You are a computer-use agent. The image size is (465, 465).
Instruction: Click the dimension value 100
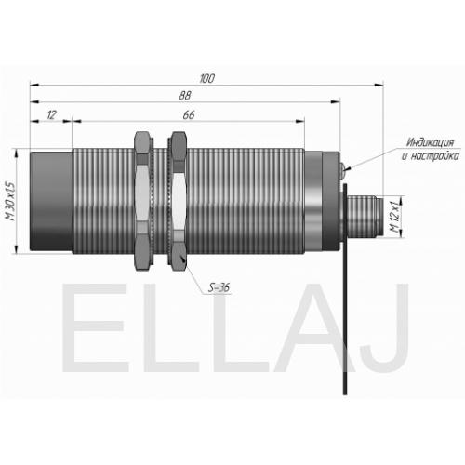[x=206, y=78]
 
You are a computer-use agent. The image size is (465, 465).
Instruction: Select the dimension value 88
[x=185, y=96]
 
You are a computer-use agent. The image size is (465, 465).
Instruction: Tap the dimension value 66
[x=189, y=115]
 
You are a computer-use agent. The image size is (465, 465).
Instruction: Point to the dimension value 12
[x=52, y=115]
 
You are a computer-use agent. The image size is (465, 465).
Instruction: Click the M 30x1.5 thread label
[x=11, y=202]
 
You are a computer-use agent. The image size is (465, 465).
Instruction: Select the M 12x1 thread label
[x=394, y=217]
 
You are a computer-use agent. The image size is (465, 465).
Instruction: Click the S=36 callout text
[x=219, y=288]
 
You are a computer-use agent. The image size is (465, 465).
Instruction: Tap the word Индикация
[x=430, y=142]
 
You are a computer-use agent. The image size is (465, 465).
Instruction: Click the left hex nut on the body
[x=143, y=201]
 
